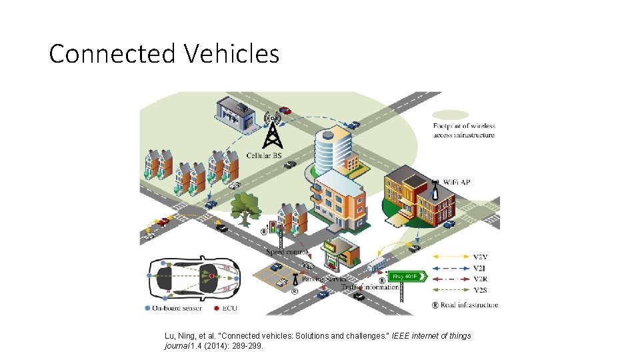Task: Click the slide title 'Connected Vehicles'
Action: (x=164, y=53)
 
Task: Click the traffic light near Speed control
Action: (x=272, y=230)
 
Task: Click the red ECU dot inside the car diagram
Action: (x=212, y=275)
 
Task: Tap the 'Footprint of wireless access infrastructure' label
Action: (x=464, y=130)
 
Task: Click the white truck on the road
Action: (x=376, y=265)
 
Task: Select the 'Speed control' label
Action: (x=287, y=252)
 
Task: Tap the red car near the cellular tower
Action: (x=285, y=111)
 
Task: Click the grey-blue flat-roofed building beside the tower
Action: (x=235, y=116)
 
